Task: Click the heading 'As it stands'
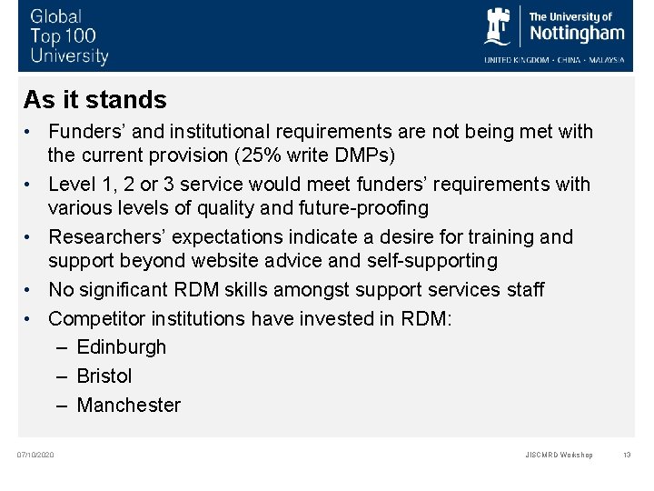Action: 95,99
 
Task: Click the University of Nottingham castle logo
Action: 499,27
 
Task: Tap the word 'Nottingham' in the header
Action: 577,34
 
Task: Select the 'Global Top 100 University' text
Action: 69,36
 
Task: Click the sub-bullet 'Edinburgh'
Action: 122,347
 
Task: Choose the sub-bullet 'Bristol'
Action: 104,376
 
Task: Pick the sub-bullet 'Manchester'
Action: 129,406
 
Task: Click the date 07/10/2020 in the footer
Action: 36,455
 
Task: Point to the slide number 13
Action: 627,455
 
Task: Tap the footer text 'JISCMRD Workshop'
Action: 559,455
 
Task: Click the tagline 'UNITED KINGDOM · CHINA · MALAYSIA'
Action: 554,60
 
